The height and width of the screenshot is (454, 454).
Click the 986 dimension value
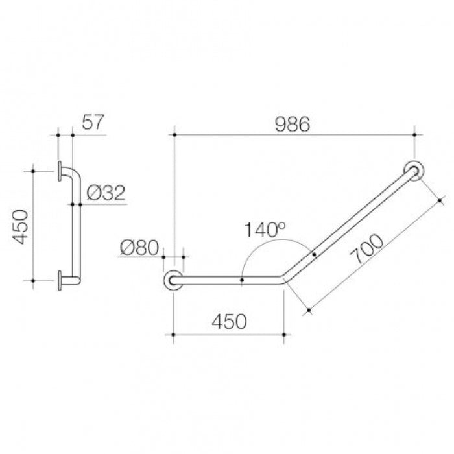[292, 125]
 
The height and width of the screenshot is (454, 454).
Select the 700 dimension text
[366, 249]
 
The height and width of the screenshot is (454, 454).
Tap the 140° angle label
[265, 230]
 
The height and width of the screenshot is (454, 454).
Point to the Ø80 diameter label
[139, 247]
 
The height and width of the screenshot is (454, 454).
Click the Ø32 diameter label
[106, 193]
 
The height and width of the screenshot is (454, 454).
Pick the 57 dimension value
[93, 122]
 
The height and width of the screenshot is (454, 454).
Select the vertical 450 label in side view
[20, 227]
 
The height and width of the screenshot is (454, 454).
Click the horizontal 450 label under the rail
[229, 322]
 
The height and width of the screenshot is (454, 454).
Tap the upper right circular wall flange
[414, 171]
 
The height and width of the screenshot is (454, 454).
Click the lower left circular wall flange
[173, 280]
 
